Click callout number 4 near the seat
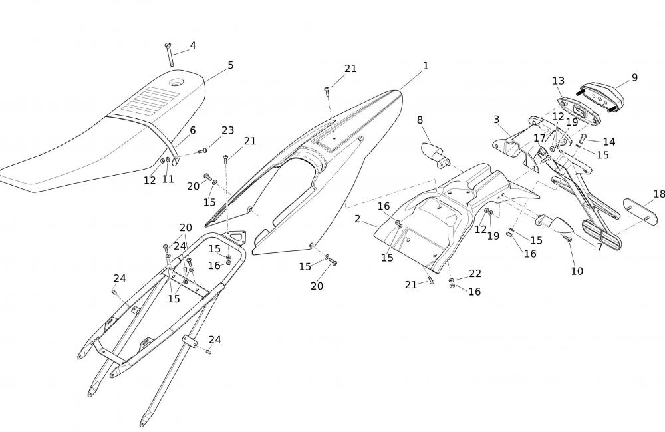coord(192,45)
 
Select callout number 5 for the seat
coord(230,65)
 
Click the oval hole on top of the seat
coord(176,83)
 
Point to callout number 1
coord(426,66)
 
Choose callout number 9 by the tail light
coord(634,77)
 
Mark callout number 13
coord(558,81)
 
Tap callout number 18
coord(658,194)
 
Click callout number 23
coord(227,130)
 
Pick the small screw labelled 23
coord(203,151)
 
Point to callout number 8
coord(420,120)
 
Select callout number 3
coord(496,119)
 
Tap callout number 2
coord(357,219)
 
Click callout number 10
coord(577,272)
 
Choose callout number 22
coord(475,274)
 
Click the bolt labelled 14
coord(582,140)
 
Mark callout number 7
coord(599,247)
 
